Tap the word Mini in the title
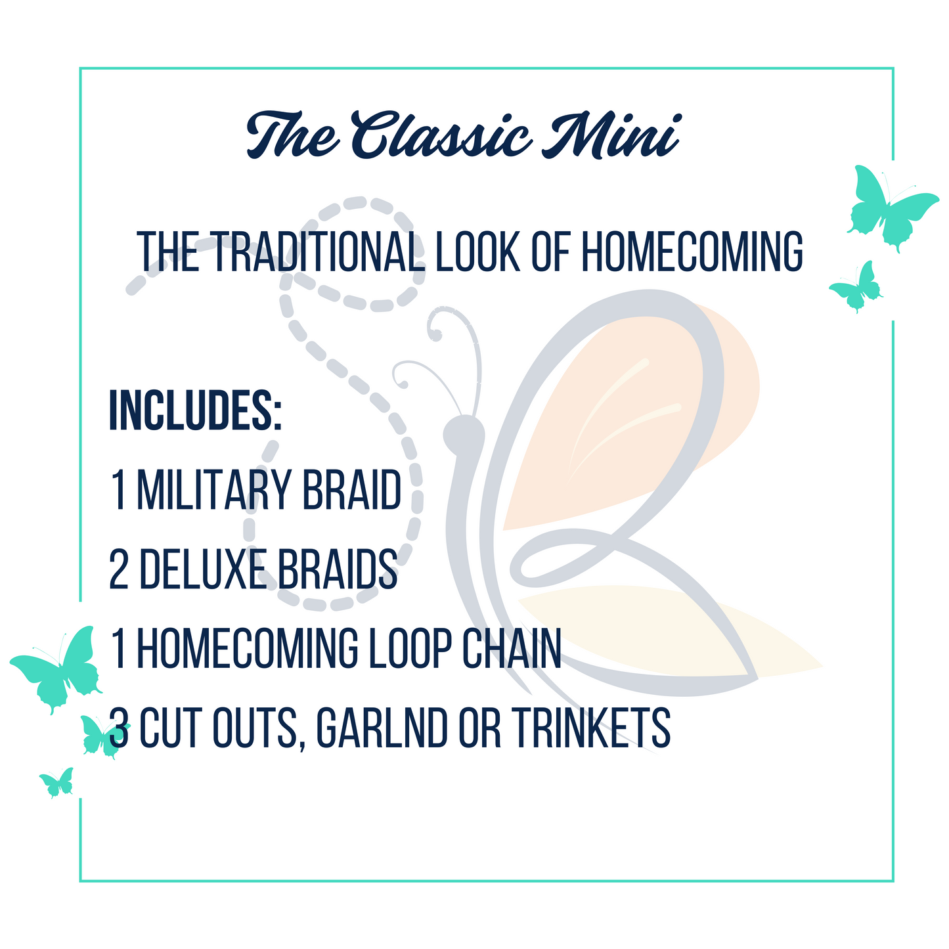pyautogui.click(x=611, y=135)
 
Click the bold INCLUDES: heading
pyautogui.click(x=196, y=410)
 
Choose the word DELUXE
pyautogui.click(x=203, y=569)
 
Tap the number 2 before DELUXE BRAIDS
pyautogui.click(x=119, y=569)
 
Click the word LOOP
pyautogui.click(x=410, y=648)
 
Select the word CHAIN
pyautogui.click(x=512, y=648)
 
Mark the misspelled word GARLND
pyautogui.click(x=382, y=728)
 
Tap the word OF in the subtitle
pyautogui.click(x=550, y=252)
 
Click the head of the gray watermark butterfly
pyautogui.click(x=464, y=434)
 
